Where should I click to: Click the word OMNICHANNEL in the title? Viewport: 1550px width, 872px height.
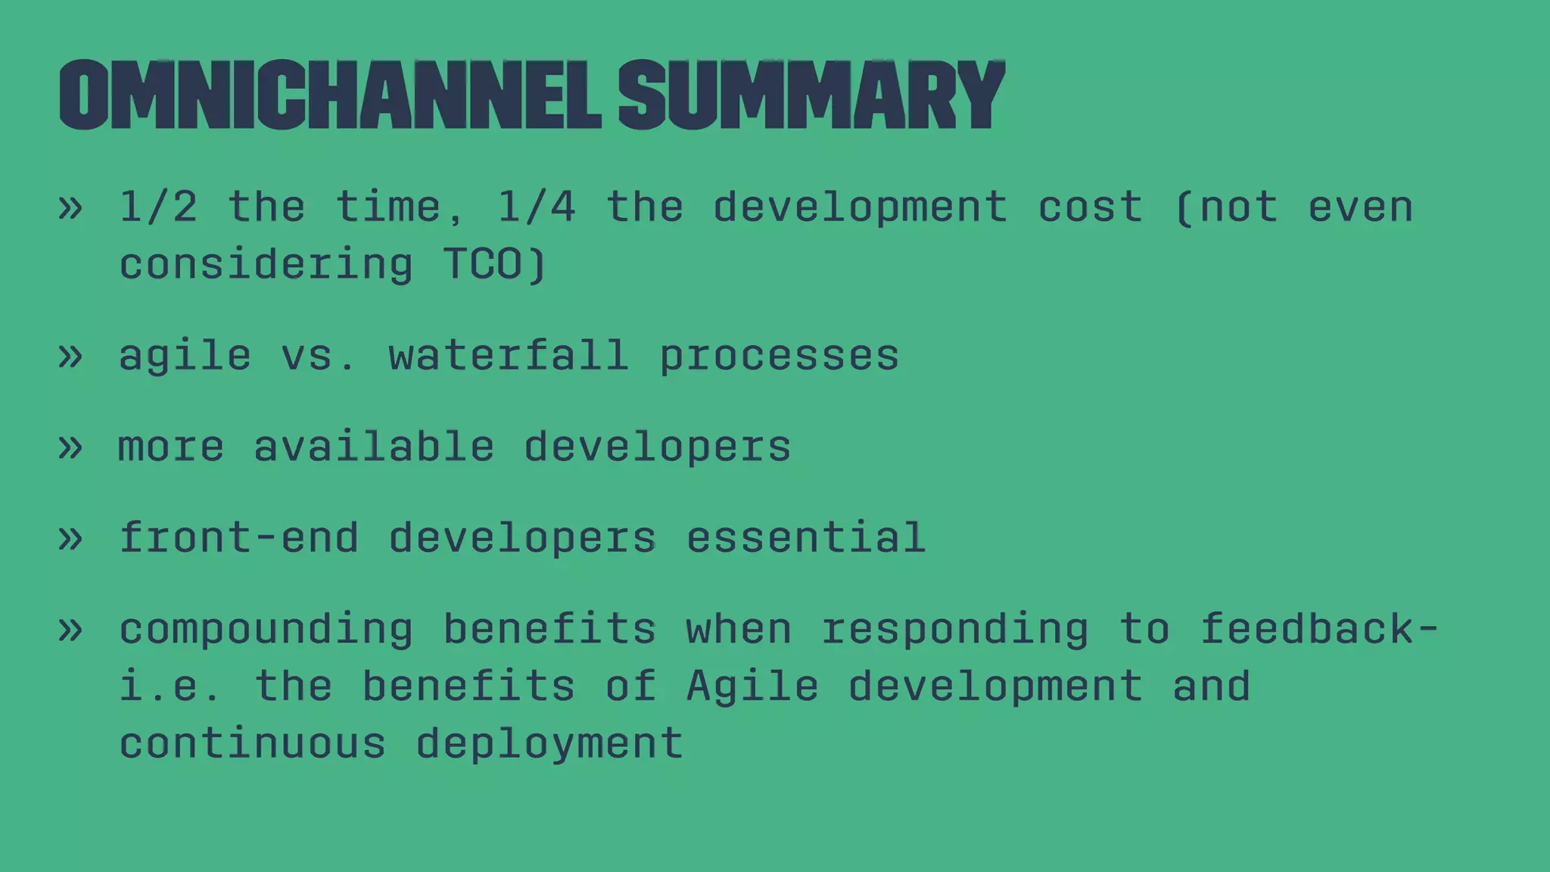pyautogui.click(x=329, y=95)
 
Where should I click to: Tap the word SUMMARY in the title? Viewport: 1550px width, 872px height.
pyautogui.click(x=811, y=95)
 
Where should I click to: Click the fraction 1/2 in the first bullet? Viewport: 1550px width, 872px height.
pyautogui.click(x=158, y=207)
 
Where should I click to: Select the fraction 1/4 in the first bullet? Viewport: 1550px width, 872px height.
pyautogui.click(x=536, y=207)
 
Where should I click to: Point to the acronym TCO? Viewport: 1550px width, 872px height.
pyautogui.click(x=483, y=264)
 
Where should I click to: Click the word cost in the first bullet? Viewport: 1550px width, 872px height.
pyautogui.click(x=1090, y=207)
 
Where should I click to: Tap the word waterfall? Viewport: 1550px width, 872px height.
pyautogui.click(x=509, y=355)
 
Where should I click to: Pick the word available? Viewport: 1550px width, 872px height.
pyautogui.click(x=374, y=446)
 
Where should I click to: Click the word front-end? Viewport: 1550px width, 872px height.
pyautogui.click(x=239, y=537)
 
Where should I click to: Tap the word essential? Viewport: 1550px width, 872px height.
pyautogui.click(x=805, y=537)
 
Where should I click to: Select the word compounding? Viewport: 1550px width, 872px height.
pyautogui.click(x=266, y=630)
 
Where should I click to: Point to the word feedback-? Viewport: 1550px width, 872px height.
pyautogui.click(x=1320, y=628)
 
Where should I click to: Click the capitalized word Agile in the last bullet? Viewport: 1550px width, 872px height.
pyautogui.click(x=752, y=687)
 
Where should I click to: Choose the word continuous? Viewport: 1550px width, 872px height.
pyautogui.click(x=253, y=743)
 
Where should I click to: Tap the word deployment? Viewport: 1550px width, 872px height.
pyautogui.click(x=549, y=744)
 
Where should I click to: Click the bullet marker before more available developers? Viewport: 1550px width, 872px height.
pyautogui.click(x=70, y=447)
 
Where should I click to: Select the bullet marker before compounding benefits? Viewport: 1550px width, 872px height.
pyautogui.click(x=70, y=630)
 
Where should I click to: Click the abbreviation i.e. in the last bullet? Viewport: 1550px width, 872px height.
pyautogui.click(x=171, y=686)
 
